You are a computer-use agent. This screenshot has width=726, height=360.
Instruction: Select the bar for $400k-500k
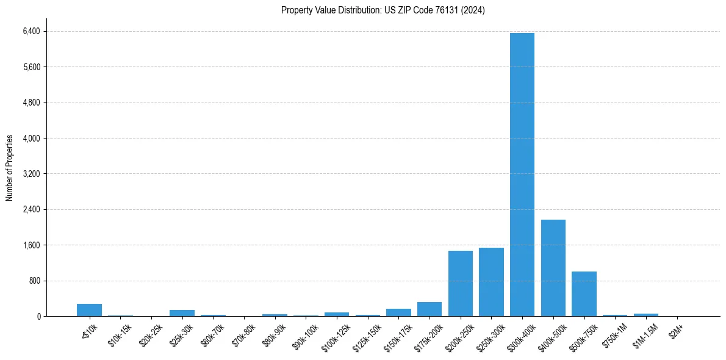point(553,268)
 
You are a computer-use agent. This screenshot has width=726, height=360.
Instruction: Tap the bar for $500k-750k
point(584,294)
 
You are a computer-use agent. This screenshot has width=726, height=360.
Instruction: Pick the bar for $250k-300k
point(491,282)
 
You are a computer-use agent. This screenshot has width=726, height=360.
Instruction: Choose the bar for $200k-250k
point(460,284)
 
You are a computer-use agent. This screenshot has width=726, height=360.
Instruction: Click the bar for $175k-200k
point(429,309)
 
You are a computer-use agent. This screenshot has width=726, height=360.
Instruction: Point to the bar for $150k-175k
point(398,312)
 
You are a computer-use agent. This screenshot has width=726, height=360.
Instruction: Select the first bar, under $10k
point(89,310)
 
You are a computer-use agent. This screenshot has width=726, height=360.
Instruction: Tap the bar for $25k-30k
point(182,313)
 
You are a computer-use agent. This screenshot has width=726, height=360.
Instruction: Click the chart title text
point(383,10)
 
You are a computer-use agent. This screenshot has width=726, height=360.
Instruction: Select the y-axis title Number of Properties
point(10,167)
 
